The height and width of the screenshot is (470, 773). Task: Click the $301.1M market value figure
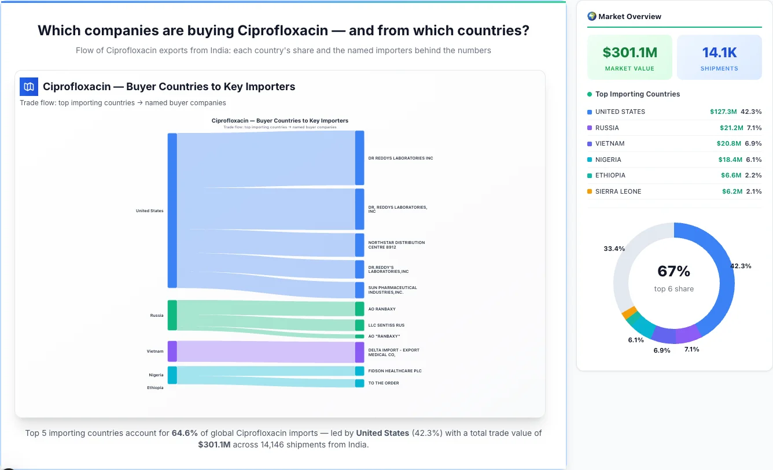pos(630,53)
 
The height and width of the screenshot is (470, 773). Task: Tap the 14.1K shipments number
pos(719,53)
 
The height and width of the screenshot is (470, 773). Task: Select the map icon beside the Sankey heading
pos(29,87)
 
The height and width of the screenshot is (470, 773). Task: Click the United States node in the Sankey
pos(172,210)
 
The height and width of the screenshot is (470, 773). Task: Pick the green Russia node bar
pos(172,315)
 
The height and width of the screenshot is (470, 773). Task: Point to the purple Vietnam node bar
pos(172,351)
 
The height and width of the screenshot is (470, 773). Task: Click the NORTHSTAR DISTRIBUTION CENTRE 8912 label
pos(396,245)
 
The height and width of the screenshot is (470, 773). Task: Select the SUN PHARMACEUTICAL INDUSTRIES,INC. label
pos(392,290)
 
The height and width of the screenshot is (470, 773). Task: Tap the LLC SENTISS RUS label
pos(386,325)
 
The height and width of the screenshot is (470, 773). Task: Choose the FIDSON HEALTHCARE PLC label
pos(395,371)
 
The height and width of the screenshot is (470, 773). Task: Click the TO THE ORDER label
pos(383,383)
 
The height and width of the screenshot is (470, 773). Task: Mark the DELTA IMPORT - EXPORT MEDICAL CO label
pos(393,352)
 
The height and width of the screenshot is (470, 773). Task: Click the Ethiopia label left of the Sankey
pos(154,387)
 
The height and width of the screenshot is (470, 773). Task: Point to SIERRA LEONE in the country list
pos(618,191)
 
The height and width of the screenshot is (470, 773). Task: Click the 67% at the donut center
pos(673,271)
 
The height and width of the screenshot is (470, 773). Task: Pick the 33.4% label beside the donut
pos(614,249)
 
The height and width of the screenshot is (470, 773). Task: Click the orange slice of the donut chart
pos(628,313)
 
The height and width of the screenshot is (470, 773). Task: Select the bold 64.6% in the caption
pos(185,433)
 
